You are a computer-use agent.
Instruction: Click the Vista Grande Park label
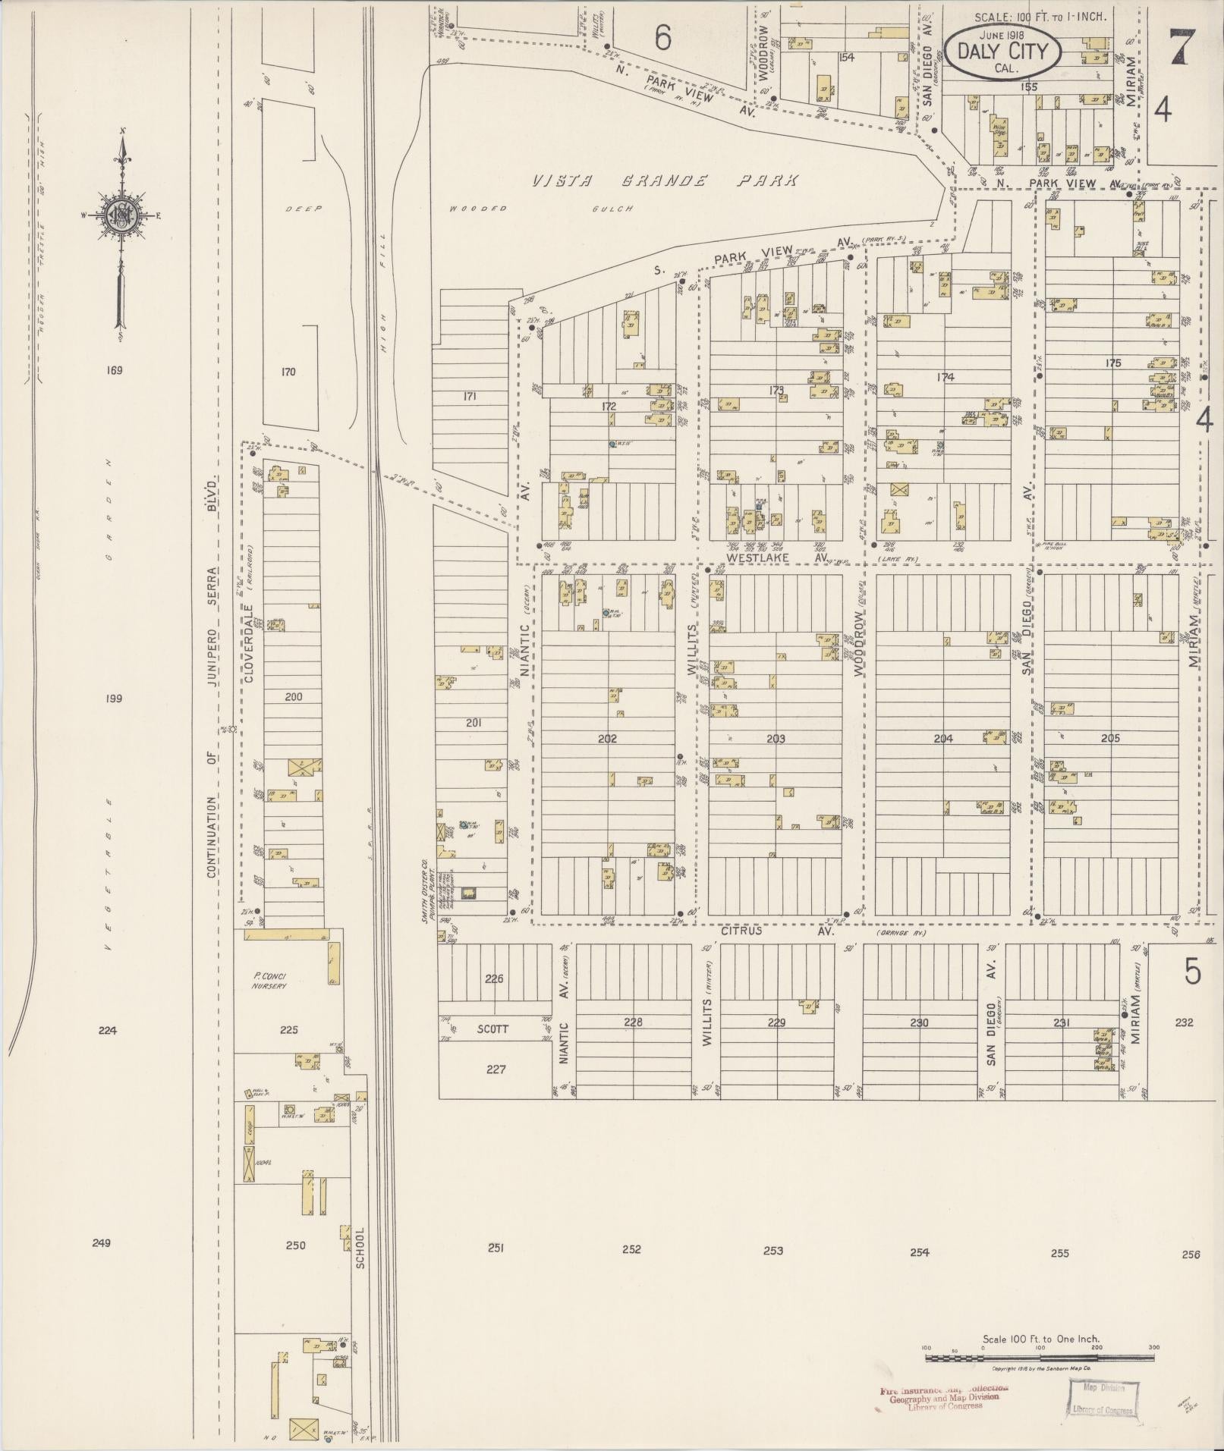[664, 181]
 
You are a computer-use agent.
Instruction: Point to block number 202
[607, 738]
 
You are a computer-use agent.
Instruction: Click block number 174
[945, 377]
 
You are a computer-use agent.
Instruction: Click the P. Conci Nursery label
[269, 981]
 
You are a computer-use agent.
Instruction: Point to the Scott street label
[492, 1029]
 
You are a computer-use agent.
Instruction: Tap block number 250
[294, 1245]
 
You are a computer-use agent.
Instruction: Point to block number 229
[776, 1022]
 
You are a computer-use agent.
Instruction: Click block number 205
[1109, 737]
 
